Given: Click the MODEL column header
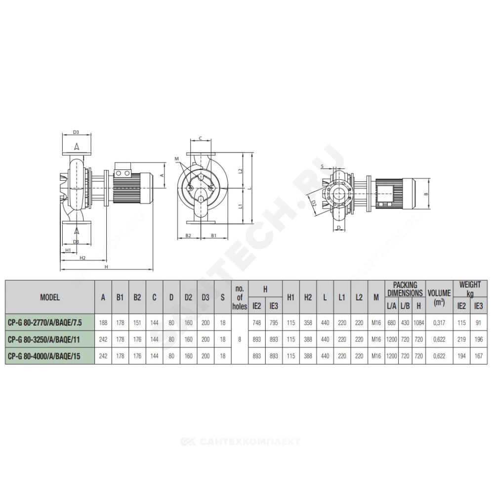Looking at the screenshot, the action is coord(50,297).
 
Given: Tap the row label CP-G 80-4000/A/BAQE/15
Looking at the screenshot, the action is coord(44,356).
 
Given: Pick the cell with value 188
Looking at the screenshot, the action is coord(103,323).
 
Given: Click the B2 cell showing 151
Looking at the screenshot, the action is coord(137,323).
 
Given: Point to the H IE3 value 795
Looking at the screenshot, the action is coord(274,323).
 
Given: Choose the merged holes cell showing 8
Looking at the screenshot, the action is coord(240,339).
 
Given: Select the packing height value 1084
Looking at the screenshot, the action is coord(418,323).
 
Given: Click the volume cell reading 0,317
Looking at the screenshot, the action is coord(439,323).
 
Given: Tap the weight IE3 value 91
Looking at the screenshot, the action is coord(478,323).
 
